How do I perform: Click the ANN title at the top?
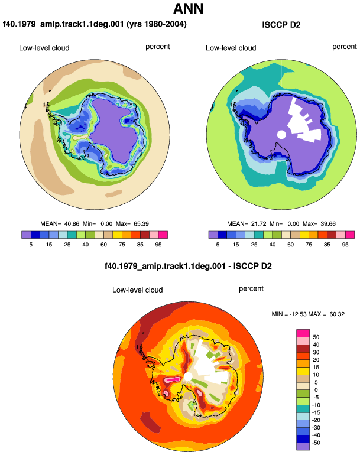189,9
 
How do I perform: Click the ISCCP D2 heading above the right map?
281,25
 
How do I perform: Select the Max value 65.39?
141,224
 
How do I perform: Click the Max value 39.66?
328,224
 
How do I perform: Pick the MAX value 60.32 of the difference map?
337,314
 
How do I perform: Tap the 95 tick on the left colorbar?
158,245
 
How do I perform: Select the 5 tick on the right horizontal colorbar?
218,245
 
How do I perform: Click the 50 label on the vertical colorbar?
316,337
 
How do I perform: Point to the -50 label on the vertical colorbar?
315,443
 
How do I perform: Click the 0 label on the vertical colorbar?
316,390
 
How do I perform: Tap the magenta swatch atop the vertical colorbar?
303,333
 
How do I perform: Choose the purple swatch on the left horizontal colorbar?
26,235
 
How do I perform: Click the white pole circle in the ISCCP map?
281,134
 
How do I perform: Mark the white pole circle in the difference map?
188,376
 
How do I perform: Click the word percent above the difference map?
251,289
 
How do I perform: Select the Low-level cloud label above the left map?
44,48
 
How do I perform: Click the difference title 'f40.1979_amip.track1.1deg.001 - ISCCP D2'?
188,266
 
